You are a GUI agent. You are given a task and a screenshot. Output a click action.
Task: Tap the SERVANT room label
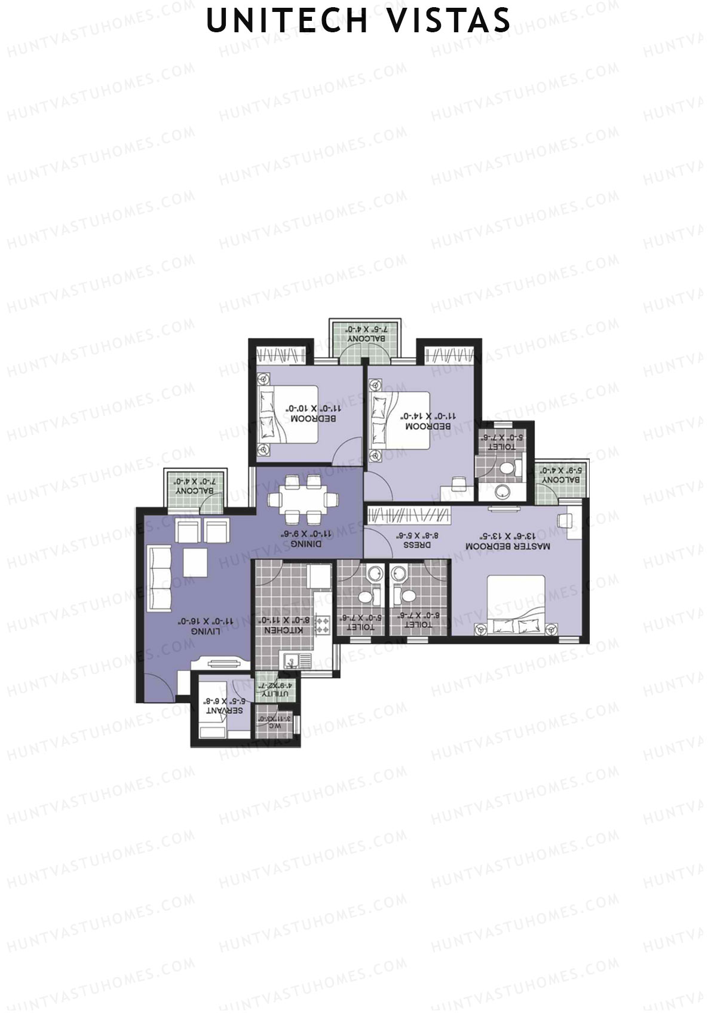[x=224, y=710]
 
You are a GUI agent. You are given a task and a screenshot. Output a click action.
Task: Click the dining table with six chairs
[x=304, y=500]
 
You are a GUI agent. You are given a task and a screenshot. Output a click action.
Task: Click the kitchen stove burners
[x=323, y=626]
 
